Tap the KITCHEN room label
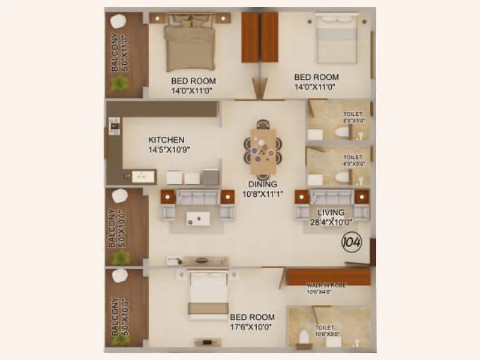tap(166, 140)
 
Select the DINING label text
tap(263, 184)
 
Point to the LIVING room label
tap(331, 212)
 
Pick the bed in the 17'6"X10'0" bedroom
tap(208, 295)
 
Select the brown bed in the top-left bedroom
tap(190, 46)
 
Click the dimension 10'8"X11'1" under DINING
tap(263, 194)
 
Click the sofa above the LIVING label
tap(331, 197)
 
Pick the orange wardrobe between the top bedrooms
tap(260, 37)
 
